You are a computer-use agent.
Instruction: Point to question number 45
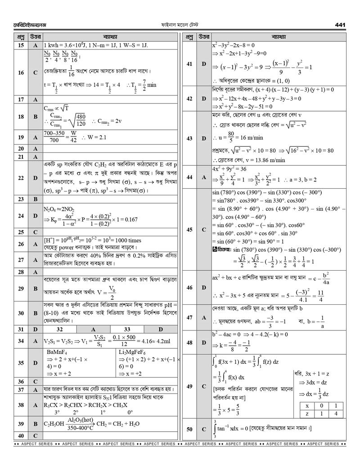pos(189,230)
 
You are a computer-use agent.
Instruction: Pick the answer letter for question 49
pos(203,386)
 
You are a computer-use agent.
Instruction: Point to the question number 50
pos(189,430)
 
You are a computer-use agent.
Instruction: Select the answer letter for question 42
pos(203,98)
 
